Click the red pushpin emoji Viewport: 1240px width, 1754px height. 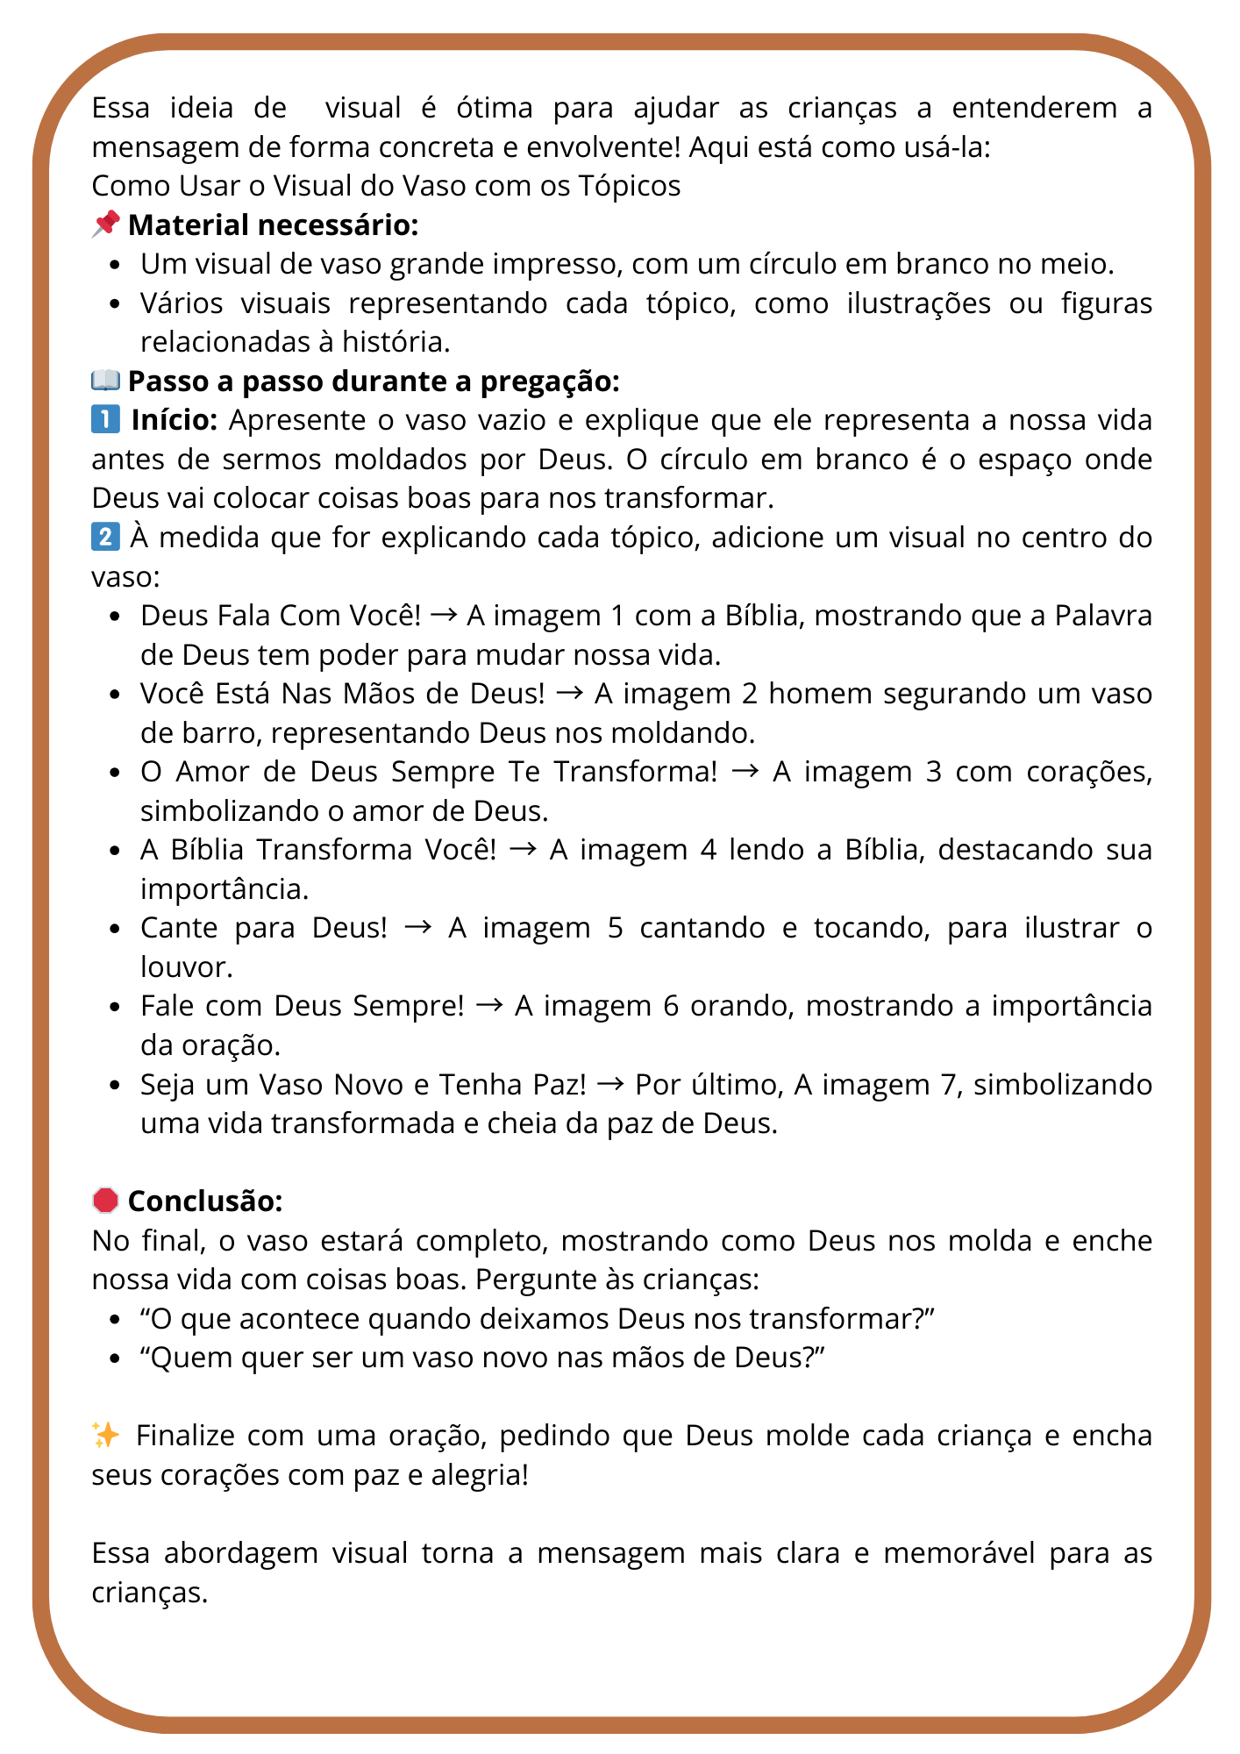point(106,225)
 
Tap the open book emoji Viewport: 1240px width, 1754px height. point(106,381)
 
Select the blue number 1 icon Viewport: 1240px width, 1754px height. point(106,420)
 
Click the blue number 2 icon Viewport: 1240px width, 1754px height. point(106,537)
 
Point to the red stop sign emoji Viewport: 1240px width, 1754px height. point(106,1201)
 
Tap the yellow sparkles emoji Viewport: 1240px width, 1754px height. point(106,1436)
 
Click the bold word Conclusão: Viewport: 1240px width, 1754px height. point(205,1201)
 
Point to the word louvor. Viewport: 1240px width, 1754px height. point(187,966)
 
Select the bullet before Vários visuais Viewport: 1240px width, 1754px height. point(115,303)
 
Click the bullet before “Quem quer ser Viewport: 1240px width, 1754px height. point(115,1358)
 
